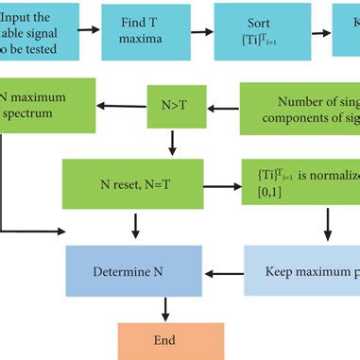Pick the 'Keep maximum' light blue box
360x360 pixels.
coord(303,272)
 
